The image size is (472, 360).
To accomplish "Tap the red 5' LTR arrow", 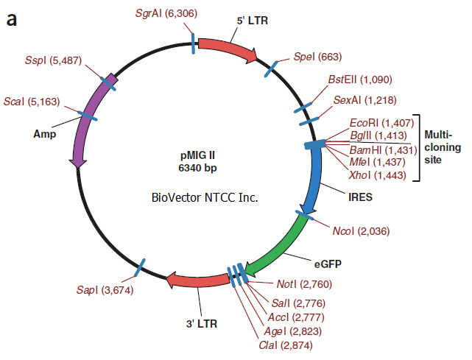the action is [228, 48].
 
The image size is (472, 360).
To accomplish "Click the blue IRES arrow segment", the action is [315, 177].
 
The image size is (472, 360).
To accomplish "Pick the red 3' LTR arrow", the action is [197, 279].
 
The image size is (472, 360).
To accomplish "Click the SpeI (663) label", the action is [318, 57].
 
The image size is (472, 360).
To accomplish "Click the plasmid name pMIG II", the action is [197, 155].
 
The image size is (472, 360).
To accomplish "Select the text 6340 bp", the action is [197, 168].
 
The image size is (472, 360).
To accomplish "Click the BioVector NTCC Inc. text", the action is [205, 197].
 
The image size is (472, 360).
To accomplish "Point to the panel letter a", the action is [12, 20].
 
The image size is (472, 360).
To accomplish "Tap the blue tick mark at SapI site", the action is [139, 267].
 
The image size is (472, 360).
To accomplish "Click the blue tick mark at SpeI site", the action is [271, 69].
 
